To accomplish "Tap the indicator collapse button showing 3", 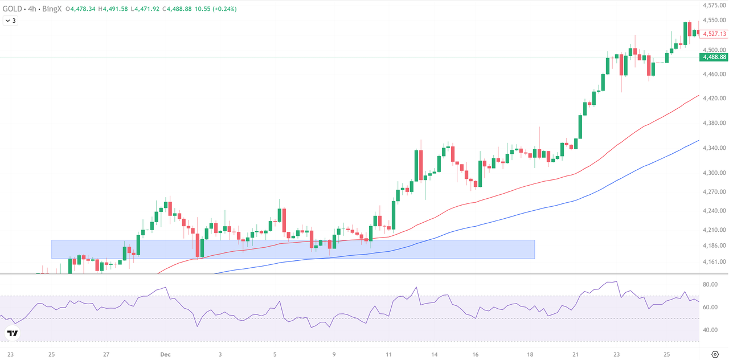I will (10, 21).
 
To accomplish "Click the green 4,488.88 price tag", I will (714, 57).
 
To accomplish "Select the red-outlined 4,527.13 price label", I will (714, 34).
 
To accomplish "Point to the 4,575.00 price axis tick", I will (714, 6).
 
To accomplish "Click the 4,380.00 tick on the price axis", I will (714, 123).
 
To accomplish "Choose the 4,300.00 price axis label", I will (714, 173).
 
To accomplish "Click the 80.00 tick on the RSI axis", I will (710, 284).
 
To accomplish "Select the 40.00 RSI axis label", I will (710, 330).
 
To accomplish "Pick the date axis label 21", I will (576, 354).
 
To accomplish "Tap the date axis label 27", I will (107, 354).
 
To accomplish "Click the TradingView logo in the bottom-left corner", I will (12, 333).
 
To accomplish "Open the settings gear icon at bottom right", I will (715, 354).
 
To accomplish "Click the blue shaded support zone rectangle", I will (293, 249).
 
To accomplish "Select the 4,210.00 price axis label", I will (714, 230).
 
